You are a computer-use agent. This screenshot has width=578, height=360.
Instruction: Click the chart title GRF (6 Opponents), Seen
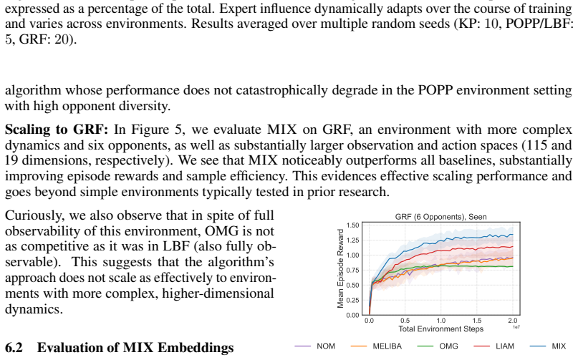click(441, 217)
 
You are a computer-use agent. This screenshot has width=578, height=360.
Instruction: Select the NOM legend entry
click(315, 346)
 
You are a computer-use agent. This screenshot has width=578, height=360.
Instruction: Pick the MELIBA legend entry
click(376, 346)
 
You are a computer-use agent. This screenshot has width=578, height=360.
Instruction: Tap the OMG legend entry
click(438, 346)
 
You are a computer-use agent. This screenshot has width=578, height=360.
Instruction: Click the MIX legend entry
click(548, 346)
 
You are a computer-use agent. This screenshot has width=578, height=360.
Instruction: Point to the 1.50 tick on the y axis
click(353, 225)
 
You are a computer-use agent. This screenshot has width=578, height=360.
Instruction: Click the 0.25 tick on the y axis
click(353, 301)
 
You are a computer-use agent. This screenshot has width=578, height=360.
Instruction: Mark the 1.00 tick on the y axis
click(353, 256)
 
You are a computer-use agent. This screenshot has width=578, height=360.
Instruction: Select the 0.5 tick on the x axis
click(405, 321)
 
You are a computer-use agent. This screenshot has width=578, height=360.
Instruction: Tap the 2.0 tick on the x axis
click(513, 321)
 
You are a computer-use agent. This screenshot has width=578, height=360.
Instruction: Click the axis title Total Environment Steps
click(441, 329)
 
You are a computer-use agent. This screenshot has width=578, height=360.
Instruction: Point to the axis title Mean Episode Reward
click(340, 268)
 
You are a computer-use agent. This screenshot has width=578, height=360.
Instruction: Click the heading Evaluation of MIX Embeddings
click(135, 348)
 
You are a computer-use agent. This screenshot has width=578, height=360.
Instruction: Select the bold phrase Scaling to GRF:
click(57, 130)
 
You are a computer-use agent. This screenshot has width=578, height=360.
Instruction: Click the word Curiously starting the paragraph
click(34, 215)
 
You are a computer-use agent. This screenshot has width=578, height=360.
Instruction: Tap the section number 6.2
click(14, 348)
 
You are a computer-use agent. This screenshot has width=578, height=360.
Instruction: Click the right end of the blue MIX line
click(513, 235)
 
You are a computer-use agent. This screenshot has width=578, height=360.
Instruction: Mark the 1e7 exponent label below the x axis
click(516, 327)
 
